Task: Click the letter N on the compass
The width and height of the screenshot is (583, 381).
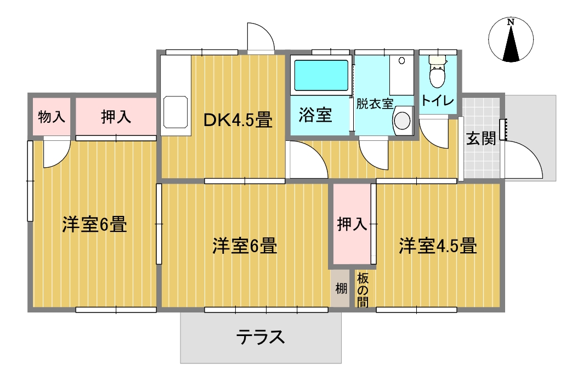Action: click(x=511, y=22)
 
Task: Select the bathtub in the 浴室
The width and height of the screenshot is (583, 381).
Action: click(x=322, y=76)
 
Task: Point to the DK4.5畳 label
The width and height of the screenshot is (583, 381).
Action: click(x=238, y=120)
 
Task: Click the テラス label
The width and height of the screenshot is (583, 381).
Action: click(x=261, y=336)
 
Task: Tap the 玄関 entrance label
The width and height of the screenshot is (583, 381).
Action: click(x=481, y=138)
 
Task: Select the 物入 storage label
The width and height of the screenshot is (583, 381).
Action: click(x=52, y=117)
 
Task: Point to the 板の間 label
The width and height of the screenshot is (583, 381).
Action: click(x=363, y=289)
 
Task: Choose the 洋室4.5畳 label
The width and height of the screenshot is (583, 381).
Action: click(x=437, y=246)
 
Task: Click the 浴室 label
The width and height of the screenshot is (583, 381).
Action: click(x=315, y=115)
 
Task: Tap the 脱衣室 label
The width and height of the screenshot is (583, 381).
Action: click(x=375, y=103)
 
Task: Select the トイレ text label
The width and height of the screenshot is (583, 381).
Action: click(x=437, y=101)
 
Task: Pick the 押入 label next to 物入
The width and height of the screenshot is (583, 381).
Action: click(x=116, y=117)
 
